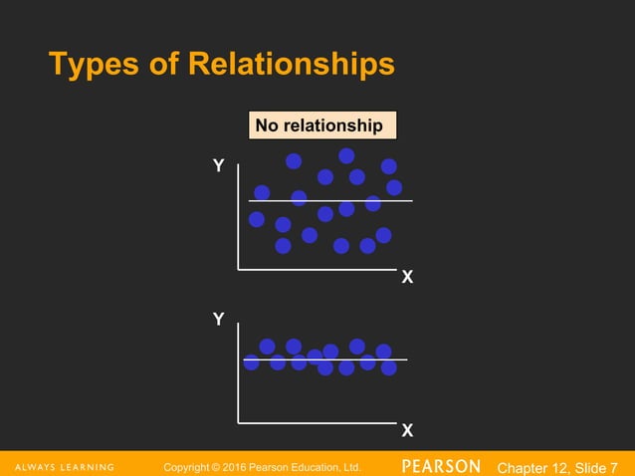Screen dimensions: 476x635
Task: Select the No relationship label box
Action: (320, 126)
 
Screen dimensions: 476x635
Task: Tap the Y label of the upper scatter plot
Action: (218, 166)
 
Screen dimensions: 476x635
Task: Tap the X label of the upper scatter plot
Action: (406, 278)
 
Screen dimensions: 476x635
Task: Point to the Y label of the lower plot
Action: (218, 319)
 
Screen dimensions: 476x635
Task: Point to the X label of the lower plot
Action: (406, 431)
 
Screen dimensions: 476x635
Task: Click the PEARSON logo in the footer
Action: (441, 466)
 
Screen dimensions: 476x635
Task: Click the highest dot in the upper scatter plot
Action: (346, 155)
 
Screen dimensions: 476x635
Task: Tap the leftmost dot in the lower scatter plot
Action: (251, 362)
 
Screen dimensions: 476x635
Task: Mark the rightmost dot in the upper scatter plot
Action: (394, 187)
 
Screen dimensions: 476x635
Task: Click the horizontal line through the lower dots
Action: (401, 358)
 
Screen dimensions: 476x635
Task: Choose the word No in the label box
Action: (266, 126)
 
